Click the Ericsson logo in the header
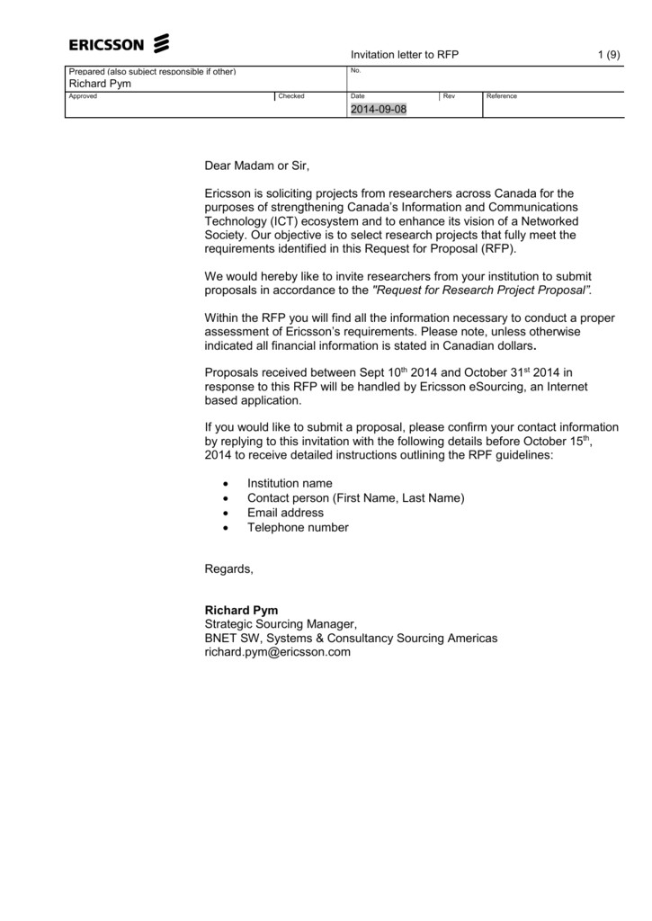[x=119, y=43]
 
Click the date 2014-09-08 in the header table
[x=378, y=109]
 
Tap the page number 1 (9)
[x=609, y=55]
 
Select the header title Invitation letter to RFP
[x=404, y=55]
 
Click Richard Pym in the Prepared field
[x=100, y=83]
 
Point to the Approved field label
[x=83, y=96]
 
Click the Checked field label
[x=291, y=96]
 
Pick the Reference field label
[x=501, y=96]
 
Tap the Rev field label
[x=449, y=96]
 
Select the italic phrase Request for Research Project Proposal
[x=482, y=291]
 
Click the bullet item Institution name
[x=290, y=484]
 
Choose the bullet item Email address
[x=285, y=513]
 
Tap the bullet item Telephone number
[x=298, y=527]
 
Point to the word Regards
[x=229, y=568]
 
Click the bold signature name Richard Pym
[x=241, y=610]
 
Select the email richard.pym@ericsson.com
[x=277, y=652]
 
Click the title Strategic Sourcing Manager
[x=281, y=624]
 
